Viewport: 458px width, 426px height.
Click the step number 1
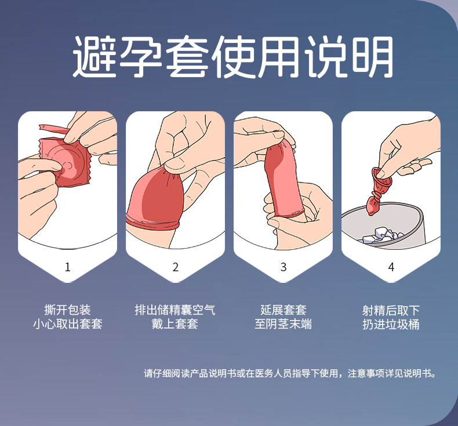click(x=67, y=267)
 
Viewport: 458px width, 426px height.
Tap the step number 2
click(x=175, y=267)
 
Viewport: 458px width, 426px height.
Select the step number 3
click(x=283, y=267)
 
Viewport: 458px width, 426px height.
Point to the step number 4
click(x=391, y=267)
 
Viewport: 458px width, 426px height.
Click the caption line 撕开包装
click(x=67, y=310)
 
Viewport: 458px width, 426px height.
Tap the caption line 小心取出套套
click(x=67, y=324)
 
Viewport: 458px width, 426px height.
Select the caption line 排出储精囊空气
click(x=175, y=310)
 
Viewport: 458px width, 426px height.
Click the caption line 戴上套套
click(x=175, y=324)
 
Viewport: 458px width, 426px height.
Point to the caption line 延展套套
click(x=283, y=310)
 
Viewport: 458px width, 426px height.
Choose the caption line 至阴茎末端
click(x=283, y=324)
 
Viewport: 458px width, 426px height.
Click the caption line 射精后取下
click(x=391, y=310)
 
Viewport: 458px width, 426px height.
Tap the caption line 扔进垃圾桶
click(x=391, y=324)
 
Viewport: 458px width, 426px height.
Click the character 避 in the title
click(x=94, y=56)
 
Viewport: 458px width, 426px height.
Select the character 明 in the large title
click(x=372, y=56)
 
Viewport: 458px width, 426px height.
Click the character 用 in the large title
click(x=279, y=56)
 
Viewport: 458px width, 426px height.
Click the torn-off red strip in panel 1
click(x=53, y=129)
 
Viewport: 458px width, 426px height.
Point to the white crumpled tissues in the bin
click(x=383, y=235)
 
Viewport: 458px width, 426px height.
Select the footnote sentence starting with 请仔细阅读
click(x=290, y=373)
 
